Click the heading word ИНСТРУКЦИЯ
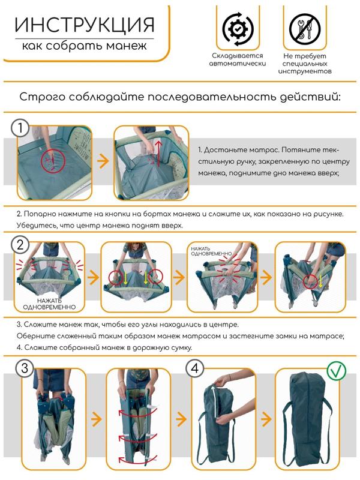pyautogui.click(x=84, y=25)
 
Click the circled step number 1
pyautogui.click(x=22, y=128)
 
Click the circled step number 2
pyautogui.click(x=22, y=244)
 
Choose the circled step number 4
pyautogui.click(x=194, y=368)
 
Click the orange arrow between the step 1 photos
pyautogui.click(x=103, y=161)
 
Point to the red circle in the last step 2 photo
pyautogui.click(x=312, y=281)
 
